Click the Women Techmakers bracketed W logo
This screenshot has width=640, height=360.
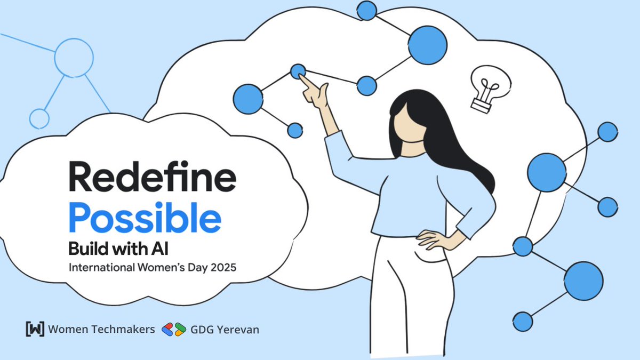coord(35,329)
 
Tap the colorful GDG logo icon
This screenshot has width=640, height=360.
coord(174,329)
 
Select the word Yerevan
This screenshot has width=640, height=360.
coord(238,330)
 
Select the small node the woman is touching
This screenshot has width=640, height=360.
coord(298,71)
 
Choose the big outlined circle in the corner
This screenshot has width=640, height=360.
coord(74,57)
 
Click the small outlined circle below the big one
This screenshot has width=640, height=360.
coord(39,118)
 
